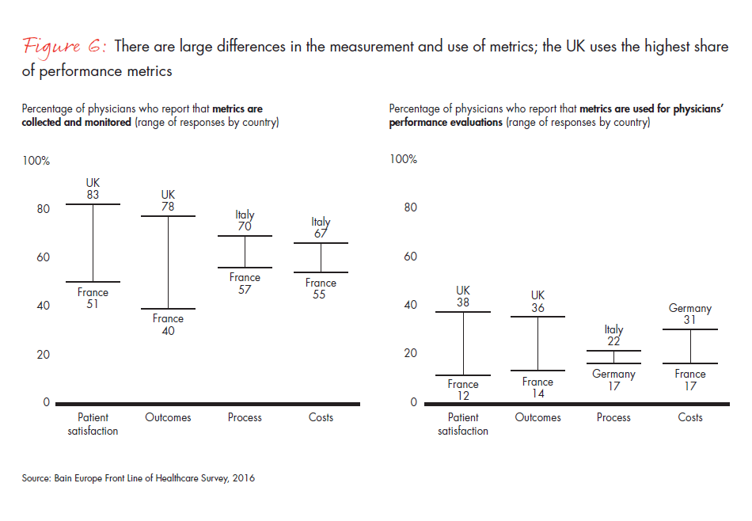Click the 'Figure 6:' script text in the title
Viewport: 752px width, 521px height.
tap(64, 47)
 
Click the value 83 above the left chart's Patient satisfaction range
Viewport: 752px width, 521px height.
tap(93, 195)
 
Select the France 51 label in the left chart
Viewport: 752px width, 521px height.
tap(93, 299)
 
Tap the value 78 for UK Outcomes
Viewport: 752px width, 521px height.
tap(168, 206)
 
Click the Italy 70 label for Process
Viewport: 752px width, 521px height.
tap(245, 221)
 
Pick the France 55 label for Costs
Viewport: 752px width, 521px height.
tap(321, 289)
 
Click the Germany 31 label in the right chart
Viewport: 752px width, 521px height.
tap(690, 314)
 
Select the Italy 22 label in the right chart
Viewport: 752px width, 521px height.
tap(613, 335)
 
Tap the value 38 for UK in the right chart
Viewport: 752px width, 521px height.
tap(463, 302)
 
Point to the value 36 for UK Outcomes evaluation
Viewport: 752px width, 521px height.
tap(538, 308)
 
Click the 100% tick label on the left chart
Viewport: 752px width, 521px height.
tap(36, 161)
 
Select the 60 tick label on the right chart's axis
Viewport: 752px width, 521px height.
tap(410, 257)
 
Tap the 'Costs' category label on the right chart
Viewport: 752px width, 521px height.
tap(690, 417)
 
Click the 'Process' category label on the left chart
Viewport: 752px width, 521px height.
tap(245, 417)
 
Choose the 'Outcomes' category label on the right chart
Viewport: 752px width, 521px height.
tap(538, 417)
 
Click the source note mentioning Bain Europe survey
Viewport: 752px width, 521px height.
tap(139, 478)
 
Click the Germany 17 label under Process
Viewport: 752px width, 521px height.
tap(613, 381)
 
